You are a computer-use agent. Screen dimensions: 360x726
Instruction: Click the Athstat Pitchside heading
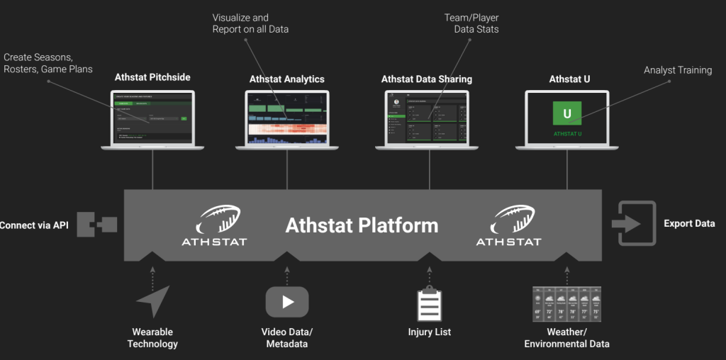point(152,77)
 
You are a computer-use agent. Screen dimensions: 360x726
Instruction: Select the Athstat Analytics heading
point(286,79)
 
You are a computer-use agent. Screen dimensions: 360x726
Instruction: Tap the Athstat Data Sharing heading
point(426,79)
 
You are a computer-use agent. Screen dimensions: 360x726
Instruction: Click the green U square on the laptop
point(566,113)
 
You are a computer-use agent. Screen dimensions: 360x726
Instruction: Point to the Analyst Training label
point(677,70)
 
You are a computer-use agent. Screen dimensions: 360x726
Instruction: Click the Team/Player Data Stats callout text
point(476,23)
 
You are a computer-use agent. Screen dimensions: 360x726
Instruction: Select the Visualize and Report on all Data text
point(250,23)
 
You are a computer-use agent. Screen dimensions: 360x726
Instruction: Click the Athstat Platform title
point(362,225)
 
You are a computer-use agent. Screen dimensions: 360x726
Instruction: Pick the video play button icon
point(287,301)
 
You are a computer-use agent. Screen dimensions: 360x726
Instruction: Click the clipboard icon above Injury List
point(429,305)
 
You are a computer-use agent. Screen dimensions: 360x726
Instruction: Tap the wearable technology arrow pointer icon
point(153,301)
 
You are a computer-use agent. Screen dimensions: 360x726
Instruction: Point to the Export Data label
point(689,224)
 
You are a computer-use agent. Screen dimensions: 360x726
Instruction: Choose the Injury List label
point(429,332)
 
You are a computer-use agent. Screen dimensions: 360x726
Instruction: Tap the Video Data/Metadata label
point(286,338)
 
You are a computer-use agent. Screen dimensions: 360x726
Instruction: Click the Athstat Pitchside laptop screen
point(152,117)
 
